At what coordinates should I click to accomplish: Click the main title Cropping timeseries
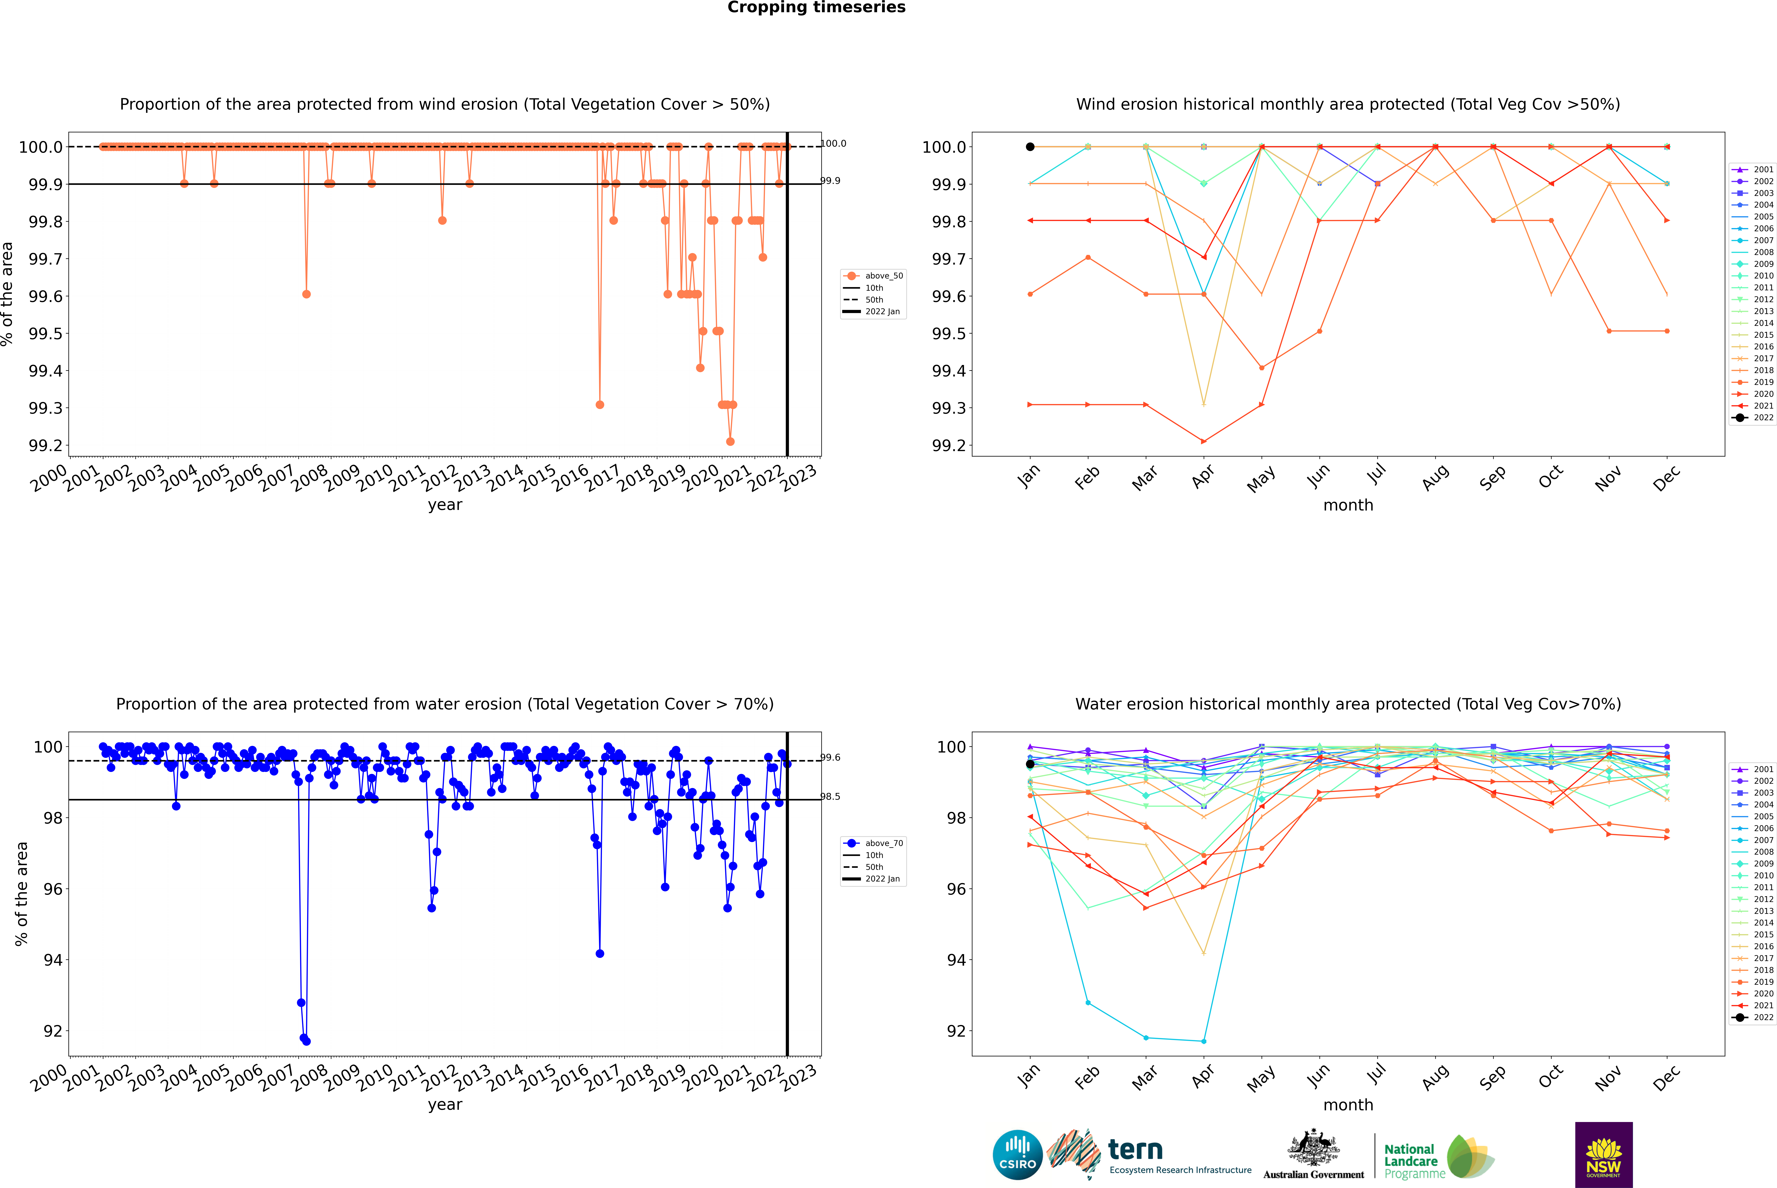click(x=816, y=8)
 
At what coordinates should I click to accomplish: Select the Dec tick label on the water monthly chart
click(x=1666, y=1077)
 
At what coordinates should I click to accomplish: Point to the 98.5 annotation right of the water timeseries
click(x=831, y=796)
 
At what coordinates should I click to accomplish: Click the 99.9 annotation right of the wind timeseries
click(x=831, y=181)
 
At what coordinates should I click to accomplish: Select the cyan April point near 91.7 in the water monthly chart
click(x=1204, y=1041)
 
